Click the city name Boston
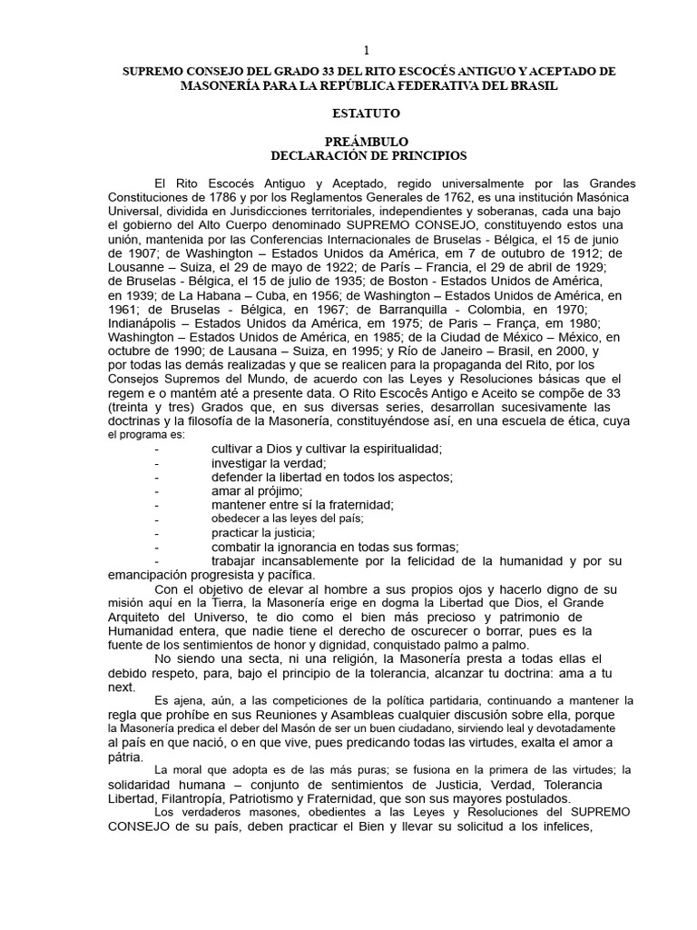(x=435, y=281)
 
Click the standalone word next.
(x=121, y=688)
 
